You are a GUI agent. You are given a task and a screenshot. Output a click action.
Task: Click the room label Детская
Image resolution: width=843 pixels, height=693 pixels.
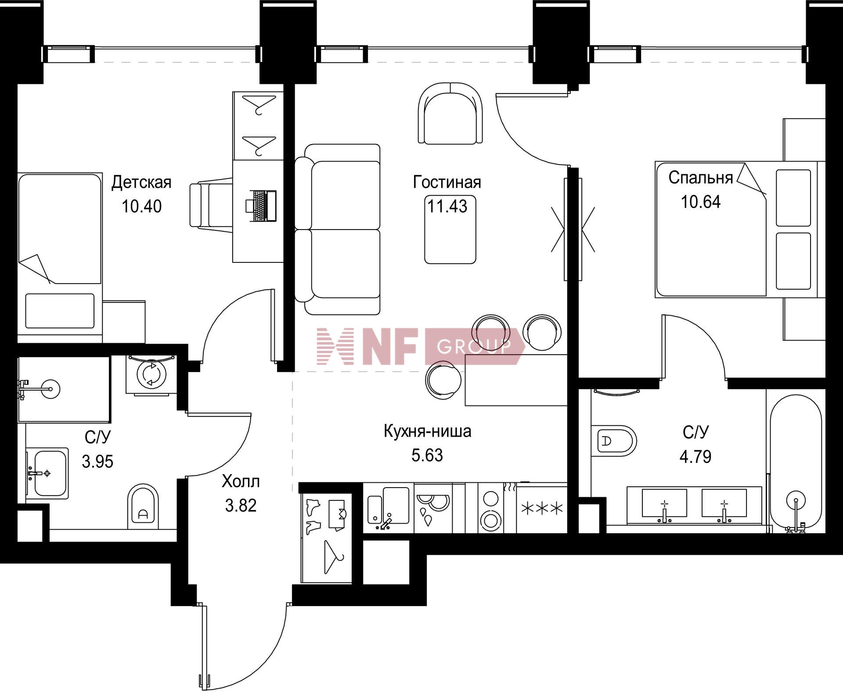[141, 182]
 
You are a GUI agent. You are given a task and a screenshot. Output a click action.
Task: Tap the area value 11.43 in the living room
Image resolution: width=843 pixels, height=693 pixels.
[447, 206]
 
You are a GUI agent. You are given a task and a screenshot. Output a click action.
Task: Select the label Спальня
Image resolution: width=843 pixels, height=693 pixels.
[701, 177]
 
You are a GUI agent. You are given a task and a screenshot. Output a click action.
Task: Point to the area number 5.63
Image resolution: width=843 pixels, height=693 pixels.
[427, 455]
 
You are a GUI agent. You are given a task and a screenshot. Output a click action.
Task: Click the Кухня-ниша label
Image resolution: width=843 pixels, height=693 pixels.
[427, 431]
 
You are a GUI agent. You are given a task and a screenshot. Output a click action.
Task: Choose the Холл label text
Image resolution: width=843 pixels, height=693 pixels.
[241, 481]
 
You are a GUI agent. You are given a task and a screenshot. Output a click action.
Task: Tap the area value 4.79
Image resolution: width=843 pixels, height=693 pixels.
[695, 456]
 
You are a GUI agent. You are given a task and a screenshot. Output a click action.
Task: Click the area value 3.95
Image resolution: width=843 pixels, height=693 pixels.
[97, 461]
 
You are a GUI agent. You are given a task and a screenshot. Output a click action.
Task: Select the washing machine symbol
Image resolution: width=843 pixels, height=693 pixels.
[151, 374]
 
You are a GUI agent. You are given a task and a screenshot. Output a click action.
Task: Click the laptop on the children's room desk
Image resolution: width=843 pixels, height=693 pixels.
[261, 205]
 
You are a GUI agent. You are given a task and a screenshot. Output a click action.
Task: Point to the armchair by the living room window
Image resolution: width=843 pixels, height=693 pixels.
[450, 113]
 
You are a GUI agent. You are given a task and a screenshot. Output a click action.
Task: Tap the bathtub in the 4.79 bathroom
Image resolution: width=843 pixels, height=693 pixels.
[796, 466]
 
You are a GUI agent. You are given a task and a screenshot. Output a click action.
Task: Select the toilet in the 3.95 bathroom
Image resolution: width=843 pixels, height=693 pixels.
[143, 506]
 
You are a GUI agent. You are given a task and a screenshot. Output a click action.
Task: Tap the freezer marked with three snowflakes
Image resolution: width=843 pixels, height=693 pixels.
[541, 508]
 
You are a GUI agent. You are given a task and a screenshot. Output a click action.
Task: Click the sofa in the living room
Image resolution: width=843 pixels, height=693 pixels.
[337, 229]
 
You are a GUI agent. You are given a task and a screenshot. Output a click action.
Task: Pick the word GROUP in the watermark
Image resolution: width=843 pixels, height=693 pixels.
[474, 347]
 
